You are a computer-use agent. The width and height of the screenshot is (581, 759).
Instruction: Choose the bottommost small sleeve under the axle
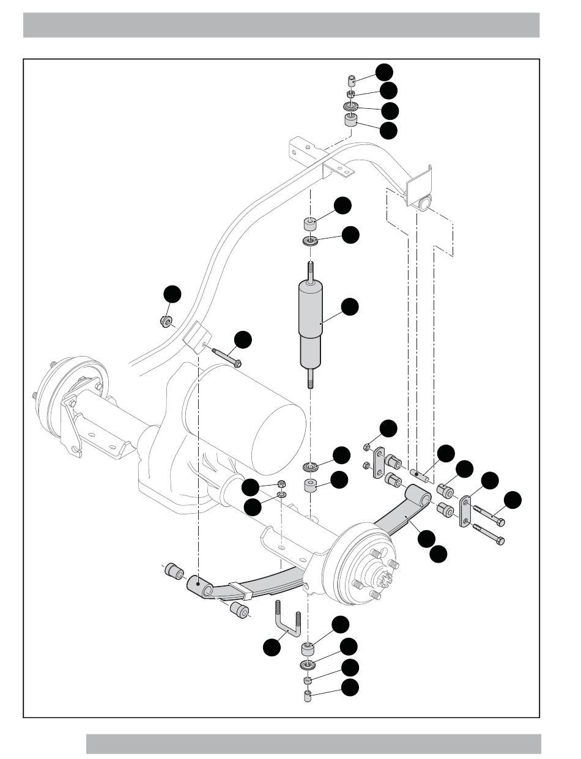point(308,696)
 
